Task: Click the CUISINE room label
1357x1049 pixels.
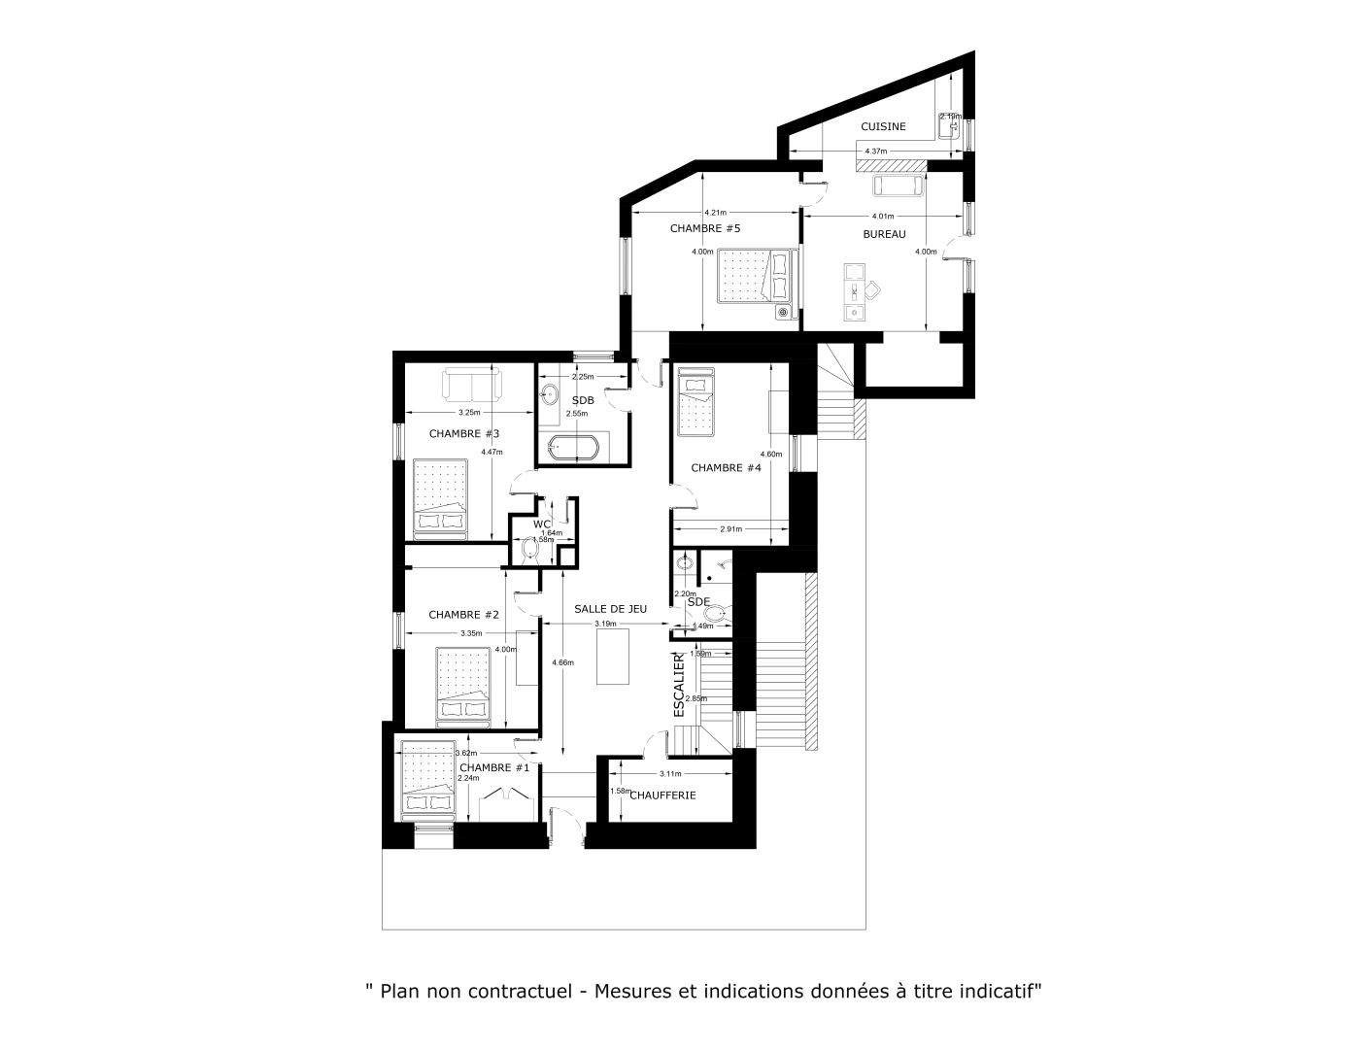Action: tap(883, 126)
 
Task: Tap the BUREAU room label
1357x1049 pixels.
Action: tap(884, 234)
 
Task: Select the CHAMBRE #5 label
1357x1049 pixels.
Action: tap(705, 228)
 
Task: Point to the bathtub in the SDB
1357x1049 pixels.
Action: tap(574, 449)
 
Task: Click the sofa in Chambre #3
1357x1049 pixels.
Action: tap(471, 384)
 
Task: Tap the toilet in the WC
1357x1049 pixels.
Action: tap(530, 550)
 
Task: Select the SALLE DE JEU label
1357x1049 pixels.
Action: tap(610, 608)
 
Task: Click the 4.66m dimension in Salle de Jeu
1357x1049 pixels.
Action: tap(562, 662)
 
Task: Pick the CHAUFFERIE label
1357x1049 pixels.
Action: tap(662, 795)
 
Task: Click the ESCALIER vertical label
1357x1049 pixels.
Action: tap(679, 684)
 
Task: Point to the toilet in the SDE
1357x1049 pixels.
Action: tap(717, 614)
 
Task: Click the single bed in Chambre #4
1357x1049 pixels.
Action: tap(695, 402)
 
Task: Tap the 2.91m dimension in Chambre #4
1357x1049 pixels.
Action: tap(730, 529)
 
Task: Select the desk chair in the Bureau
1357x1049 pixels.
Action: tap(873, 288)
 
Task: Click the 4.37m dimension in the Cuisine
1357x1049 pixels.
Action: tap(875, 151)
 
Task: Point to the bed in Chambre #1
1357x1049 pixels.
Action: tap(428, 777)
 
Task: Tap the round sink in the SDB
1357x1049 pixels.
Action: tap(550, 394)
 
